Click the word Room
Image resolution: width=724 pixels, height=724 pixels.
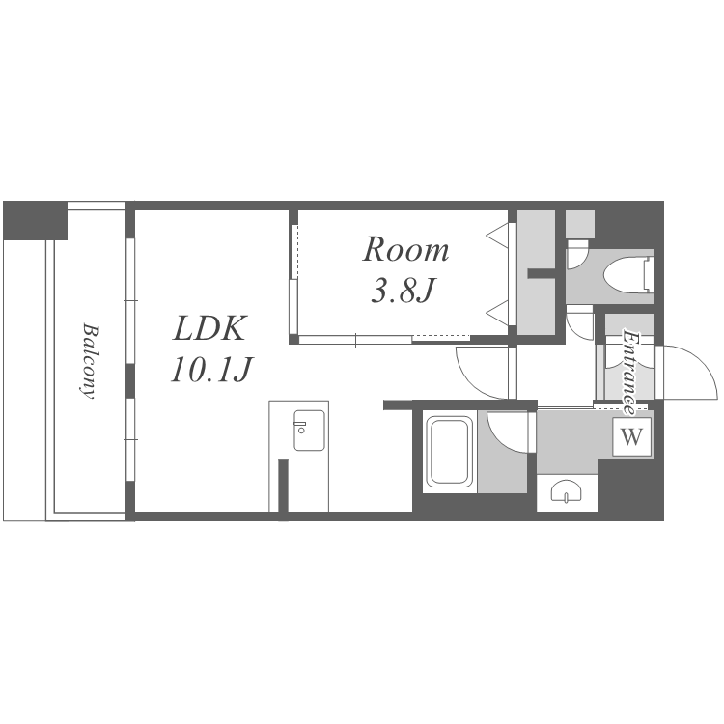(405, 250)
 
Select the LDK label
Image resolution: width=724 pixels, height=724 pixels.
(209, 329)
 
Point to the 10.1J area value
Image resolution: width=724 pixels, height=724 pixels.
(210, 371)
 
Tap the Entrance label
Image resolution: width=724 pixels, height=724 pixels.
(628, 373)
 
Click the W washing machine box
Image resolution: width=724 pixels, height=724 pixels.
(631, 436)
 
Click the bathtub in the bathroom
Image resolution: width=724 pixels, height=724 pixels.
(449, 451)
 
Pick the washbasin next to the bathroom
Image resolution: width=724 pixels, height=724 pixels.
(567, 491)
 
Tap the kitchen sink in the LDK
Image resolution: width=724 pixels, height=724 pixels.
(309, 431)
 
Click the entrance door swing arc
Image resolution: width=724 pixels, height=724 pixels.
(689, 373)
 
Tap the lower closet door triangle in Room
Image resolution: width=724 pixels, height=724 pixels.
(498, 312)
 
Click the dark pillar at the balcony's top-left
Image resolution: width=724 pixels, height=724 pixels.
(35, 220)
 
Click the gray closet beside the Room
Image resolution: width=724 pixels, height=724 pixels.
(536, 272)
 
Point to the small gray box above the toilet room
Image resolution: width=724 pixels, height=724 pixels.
(580, 224)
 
